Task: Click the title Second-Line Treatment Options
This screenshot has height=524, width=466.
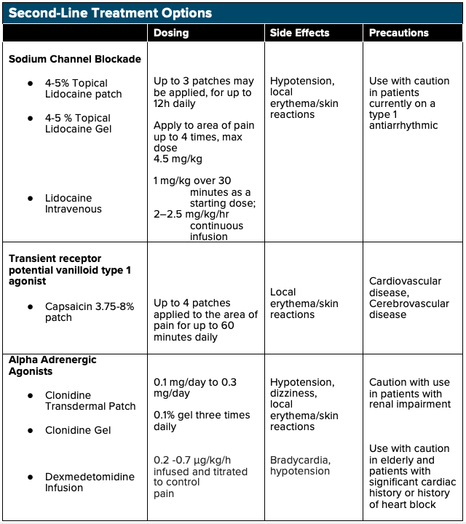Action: [110, 13]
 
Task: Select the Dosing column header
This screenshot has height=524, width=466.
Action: [171, 33]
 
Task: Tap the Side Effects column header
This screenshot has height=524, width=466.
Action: [299, 33]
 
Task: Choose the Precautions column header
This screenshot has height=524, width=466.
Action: [398, 33]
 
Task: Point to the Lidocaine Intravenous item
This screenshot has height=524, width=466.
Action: [74, 204]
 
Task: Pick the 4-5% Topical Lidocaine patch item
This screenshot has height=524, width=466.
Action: [83, 89]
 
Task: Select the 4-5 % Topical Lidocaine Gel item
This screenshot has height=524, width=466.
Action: [78, 124]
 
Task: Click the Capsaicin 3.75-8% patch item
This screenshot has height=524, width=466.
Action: [90, 312]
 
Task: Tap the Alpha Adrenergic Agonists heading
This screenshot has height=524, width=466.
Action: [52, 366]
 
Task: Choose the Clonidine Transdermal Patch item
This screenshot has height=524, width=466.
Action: [90, 401]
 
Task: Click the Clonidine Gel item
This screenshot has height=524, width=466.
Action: [78, 430]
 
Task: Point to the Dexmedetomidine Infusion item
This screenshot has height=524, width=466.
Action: [90, 483]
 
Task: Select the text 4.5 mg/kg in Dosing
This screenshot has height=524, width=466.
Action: [177, 159]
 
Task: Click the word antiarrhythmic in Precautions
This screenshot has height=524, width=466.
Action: [403, 126]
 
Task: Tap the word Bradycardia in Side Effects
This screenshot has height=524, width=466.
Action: [299, 460]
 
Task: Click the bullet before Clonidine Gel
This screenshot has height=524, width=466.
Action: [30, 430]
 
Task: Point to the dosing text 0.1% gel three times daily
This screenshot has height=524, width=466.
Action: [202, 421]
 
